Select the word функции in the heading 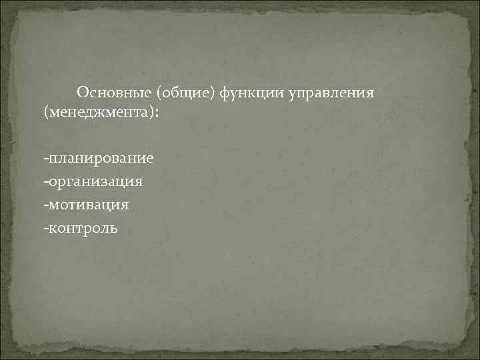(251, 91)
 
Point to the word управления (331, 91)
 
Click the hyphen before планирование (45, 159)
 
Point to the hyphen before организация (45, 181)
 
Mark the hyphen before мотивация (45, 205)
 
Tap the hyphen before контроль (45, 228)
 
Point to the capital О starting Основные (81, 91)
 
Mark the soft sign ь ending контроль (114, 228)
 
